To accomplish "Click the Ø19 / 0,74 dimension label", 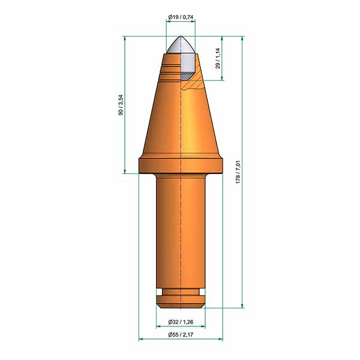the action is click(x=181, y=17).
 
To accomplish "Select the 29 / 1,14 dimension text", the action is click(x=218, y=58).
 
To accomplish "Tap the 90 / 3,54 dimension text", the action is click(x=121, y=105).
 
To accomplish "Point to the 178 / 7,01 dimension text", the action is click(x=238, y=172).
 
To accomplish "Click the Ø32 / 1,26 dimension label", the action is click(x=181, y=322).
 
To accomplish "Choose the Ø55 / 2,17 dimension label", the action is click(x=181, y=335).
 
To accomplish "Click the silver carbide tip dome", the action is click(x=181, y=45).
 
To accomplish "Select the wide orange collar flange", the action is click(x=181, y=166).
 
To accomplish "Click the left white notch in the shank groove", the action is click(x=160, y=292).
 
